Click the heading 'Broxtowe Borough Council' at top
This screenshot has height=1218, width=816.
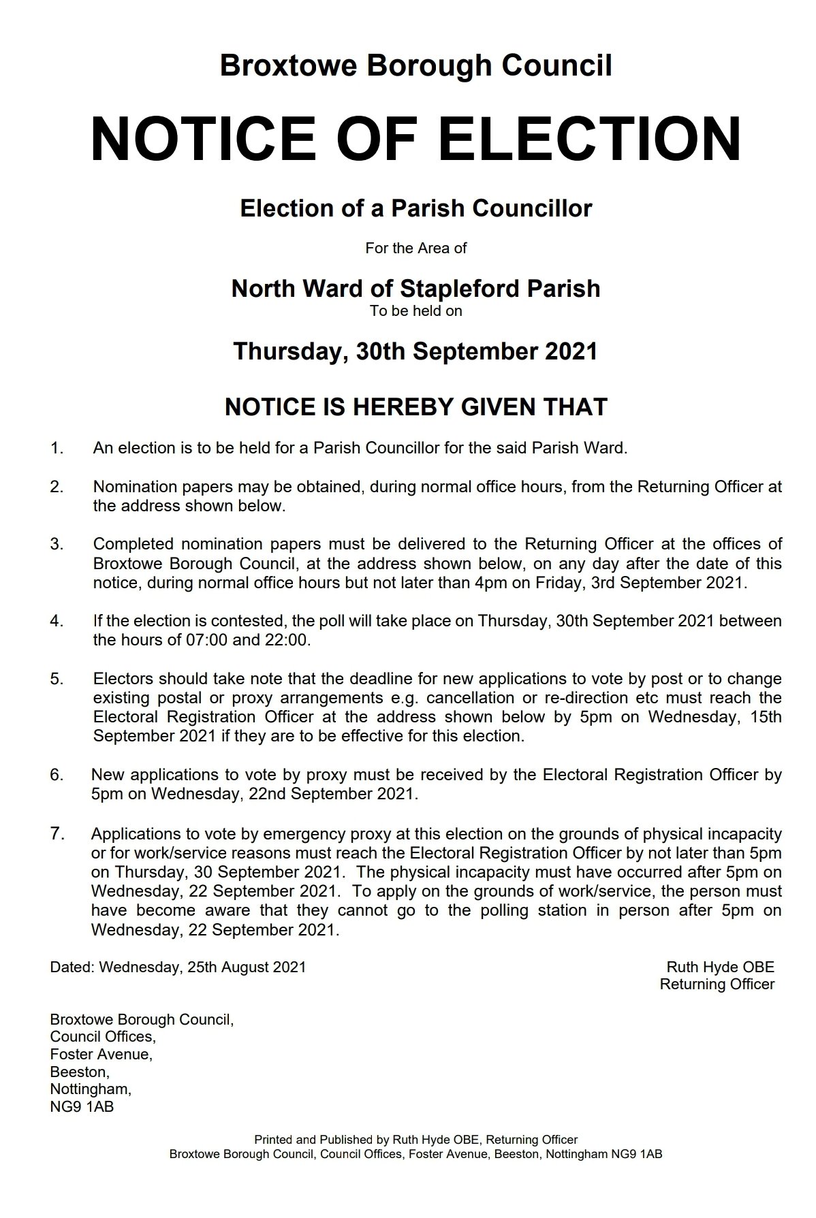415,66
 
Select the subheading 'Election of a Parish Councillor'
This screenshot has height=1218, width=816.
415,208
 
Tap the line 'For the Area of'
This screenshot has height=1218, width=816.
415,249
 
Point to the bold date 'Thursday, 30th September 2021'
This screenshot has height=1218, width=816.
415,351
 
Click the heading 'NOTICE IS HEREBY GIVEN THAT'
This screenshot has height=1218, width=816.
415,407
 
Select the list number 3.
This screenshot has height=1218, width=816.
57,544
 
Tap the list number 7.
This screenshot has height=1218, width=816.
57,833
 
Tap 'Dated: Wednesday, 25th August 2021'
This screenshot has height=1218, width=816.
178,967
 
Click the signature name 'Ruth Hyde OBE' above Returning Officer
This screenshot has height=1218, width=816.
720,967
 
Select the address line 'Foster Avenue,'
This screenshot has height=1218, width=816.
101,1054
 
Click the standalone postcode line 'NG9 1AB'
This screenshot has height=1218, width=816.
82,1106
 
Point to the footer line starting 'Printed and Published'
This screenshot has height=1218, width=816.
415,1139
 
